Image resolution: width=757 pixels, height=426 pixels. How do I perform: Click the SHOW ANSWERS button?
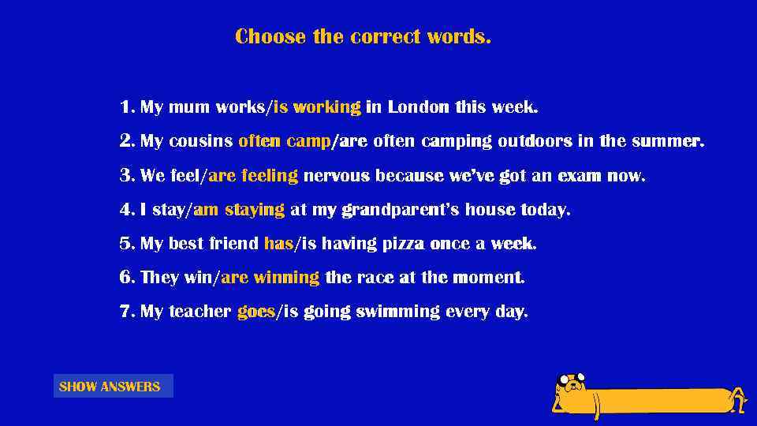(113, 387)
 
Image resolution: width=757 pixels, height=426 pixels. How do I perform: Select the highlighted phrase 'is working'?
(317, 106)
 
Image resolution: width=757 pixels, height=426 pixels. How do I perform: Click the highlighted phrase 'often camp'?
(285, 141)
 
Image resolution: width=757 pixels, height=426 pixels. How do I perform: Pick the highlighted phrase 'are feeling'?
(253, 175)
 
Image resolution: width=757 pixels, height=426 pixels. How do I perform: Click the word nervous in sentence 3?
(337, 175)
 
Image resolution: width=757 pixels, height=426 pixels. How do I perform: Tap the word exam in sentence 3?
(579, 175)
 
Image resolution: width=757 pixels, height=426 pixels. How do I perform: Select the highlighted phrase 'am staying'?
(239, 210)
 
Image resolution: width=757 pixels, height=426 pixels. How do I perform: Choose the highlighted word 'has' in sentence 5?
(279, 244)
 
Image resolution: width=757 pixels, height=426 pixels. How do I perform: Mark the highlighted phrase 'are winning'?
(270, 278)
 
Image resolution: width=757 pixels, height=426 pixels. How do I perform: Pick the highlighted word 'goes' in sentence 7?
(256, 312)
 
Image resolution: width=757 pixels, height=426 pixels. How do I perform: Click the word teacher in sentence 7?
(200, 312)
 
